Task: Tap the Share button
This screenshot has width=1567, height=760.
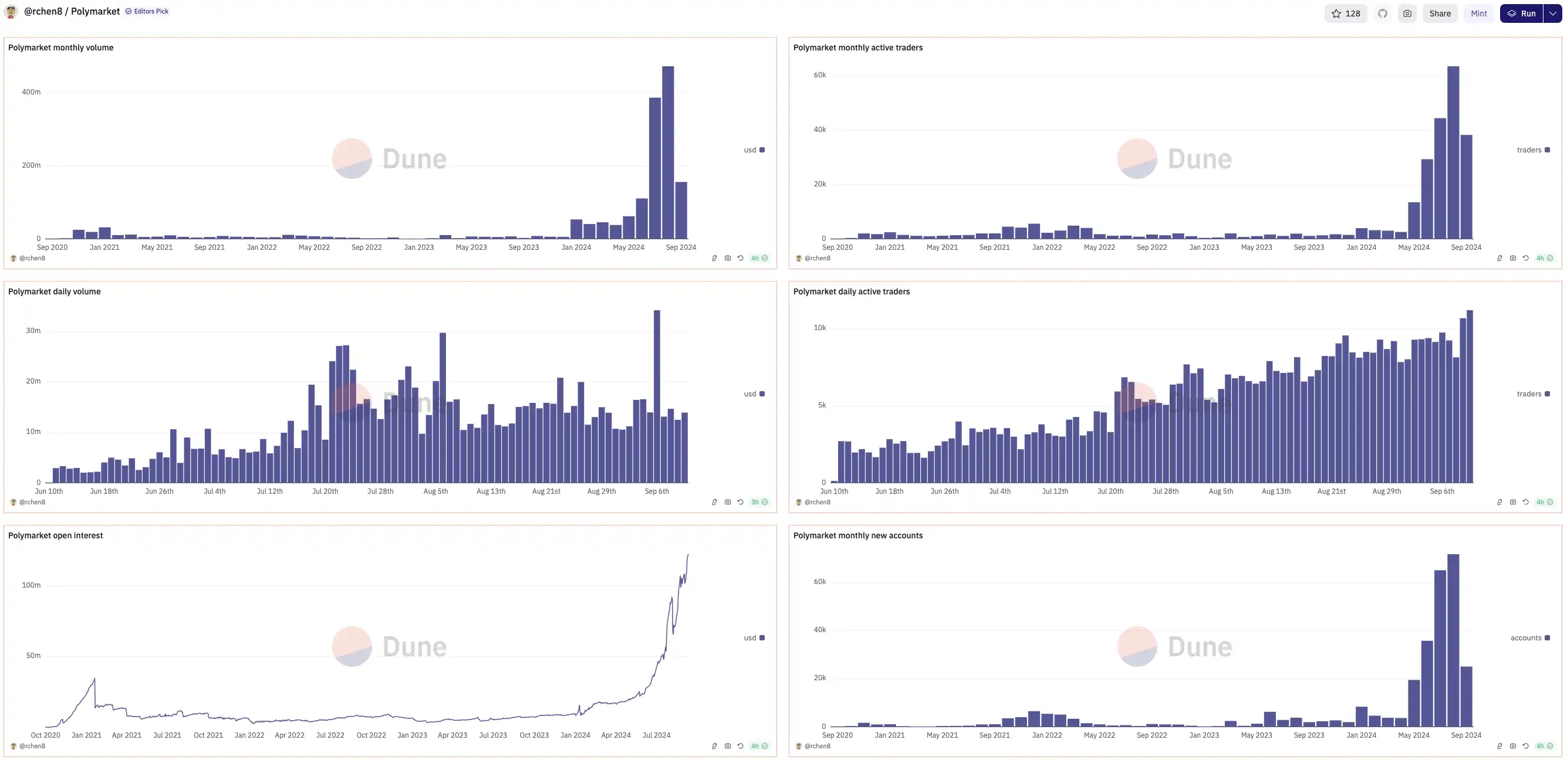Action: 1439,13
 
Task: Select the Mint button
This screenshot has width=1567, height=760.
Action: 1478,13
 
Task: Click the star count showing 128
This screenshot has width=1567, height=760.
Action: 1346,13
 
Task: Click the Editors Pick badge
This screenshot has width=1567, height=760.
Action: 147,11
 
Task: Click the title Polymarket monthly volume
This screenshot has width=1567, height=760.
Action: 61,48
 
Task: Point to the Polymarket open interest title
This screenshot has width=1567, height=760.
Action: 55,535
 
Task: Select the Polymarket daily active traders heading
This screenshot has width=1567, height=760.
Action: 851,291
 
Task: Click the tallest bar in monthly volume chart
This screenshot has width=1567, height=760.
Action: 667,152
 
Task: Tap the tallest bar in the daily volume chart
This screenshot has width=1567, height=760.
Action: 656,395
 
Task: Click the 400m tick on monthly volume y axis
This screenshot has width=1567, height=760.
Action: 31,92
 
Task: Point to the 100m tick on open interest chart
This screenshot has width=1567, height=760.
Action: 31,585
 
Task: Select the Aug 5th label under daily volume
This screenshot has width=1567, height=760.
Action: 435,491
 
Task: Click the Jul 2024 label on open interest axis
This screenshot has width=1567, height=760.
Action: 656,735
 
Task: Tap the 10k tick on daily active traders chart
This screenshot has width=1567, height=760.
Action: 819,328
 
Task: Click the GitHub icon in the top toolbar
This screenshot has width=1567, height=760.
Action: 1383,13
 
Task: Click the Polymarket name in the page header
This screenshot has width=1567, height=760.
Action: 96,12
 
